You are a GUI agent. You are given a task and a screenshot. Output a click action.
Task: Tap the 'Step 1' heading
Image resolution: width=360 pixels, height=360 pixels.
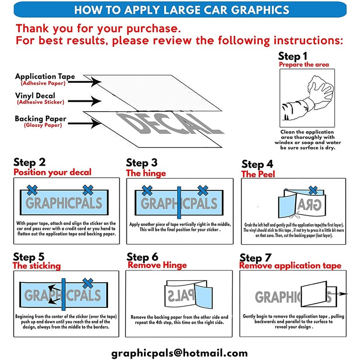tap(293, 56)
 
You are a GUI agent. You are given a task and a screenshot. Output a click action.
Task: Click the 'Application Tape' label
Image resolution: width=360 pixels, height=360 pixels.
tap(45, 76)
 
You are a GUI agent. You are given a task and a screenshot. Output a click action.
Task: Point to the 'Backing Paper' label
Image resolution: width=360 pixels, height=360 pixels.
tap(40, 118)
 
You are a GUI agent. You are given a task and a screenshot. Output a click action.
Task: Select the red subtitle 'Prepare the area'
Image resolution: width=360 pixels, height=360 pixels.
tap(304, 65)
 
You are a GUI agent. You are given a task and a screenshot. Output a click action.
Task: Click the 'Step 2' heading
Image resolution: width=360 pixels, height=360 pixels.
tap(30, 162)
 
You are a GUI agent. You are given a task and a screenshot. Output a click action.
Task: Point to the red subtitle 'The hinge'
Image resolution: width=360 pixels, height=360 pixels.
tap(146, 173)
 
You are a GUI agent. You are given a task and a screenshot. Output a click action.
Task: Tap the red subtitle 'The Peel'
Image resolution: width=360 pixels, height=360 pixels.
tap(258, 174)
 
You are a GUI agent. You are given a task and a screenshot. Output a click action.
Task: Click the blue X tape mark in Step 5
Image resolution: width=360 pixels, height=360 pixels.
tap(87, 283)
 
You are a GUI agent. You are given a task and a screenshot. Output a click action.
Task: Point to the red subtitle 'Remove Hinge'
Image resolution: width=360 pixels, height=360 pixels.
tap(157, 265)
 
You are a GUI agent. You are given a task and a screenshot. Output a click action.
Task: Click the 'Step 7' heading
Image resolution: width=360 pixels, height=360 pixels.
tap(256, 258)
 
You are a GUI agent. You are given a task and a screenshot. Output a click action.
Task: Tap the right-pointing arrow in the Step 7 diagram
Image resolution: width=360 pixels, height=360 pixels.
tap(342, 294)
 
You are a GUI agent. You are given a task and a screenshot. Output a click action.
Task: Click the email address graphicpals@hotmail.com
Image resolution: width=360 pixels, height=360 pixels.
tap(180, 353)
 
